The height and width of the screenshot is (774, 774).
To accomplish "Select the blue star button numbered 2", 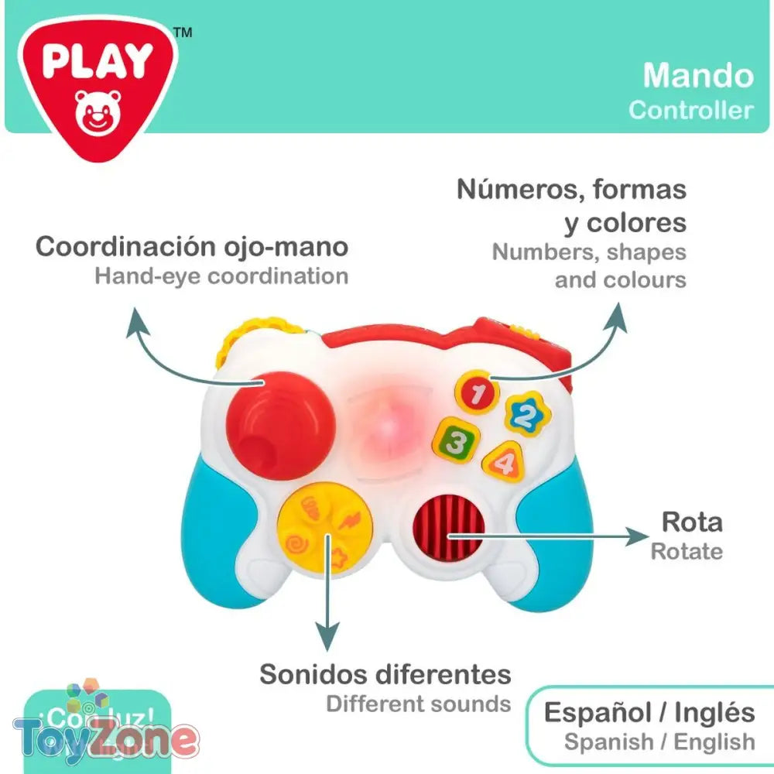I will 527,416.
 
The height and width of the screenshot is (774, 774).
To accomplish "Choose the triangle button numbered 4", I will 505,462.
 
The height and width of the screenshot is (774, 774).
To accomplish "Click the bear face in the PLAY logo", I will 95,111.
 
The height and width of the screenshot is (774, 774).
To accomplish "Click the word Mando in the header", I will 698,76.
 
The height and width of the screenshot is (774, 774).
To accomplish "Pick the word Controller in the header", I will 690,110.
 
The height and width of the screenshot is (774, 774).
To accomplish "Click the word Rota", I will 691,522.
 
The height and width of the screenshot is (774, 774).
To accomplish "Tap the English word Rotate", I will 687,552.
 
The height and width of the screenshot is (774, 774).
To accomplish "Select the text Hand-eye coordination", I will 221,276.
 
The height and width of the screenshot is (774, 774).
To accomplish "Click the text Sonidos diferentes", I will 385,674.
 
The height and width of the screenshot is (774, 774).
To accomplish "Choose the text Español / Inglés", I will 649,712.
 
